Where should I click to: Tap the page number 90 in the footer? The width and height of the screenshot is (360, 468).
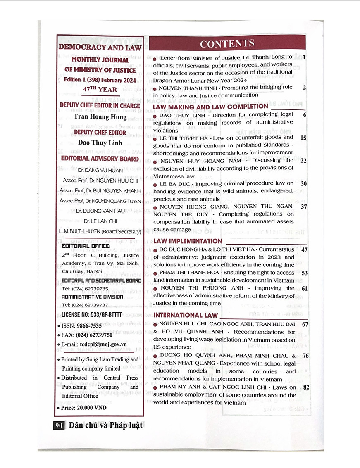click(x=58, y=425)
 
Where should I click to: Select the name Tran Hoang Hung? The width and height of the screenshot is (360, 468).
click(x=100, y=116)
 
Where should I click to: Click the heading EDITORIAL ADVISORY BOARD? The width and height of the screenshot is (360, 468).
click(x=100, y=158)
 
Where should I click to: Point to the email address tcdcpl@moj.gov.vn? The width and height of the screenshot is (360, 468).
click(x=103, y=344)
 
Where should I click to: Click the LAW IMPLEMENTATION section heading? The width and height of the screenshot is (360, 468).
click(x=188, y=241)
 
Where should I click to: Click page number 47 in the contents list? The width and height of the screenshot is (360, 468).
click(x=305, y=250)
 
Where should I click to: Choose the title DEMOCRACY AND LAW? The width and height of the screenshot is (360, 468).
click(x=100, y=47)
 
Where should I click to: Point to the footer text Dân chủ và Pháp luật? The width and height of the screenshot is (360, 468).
click(x=103, y=425)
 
